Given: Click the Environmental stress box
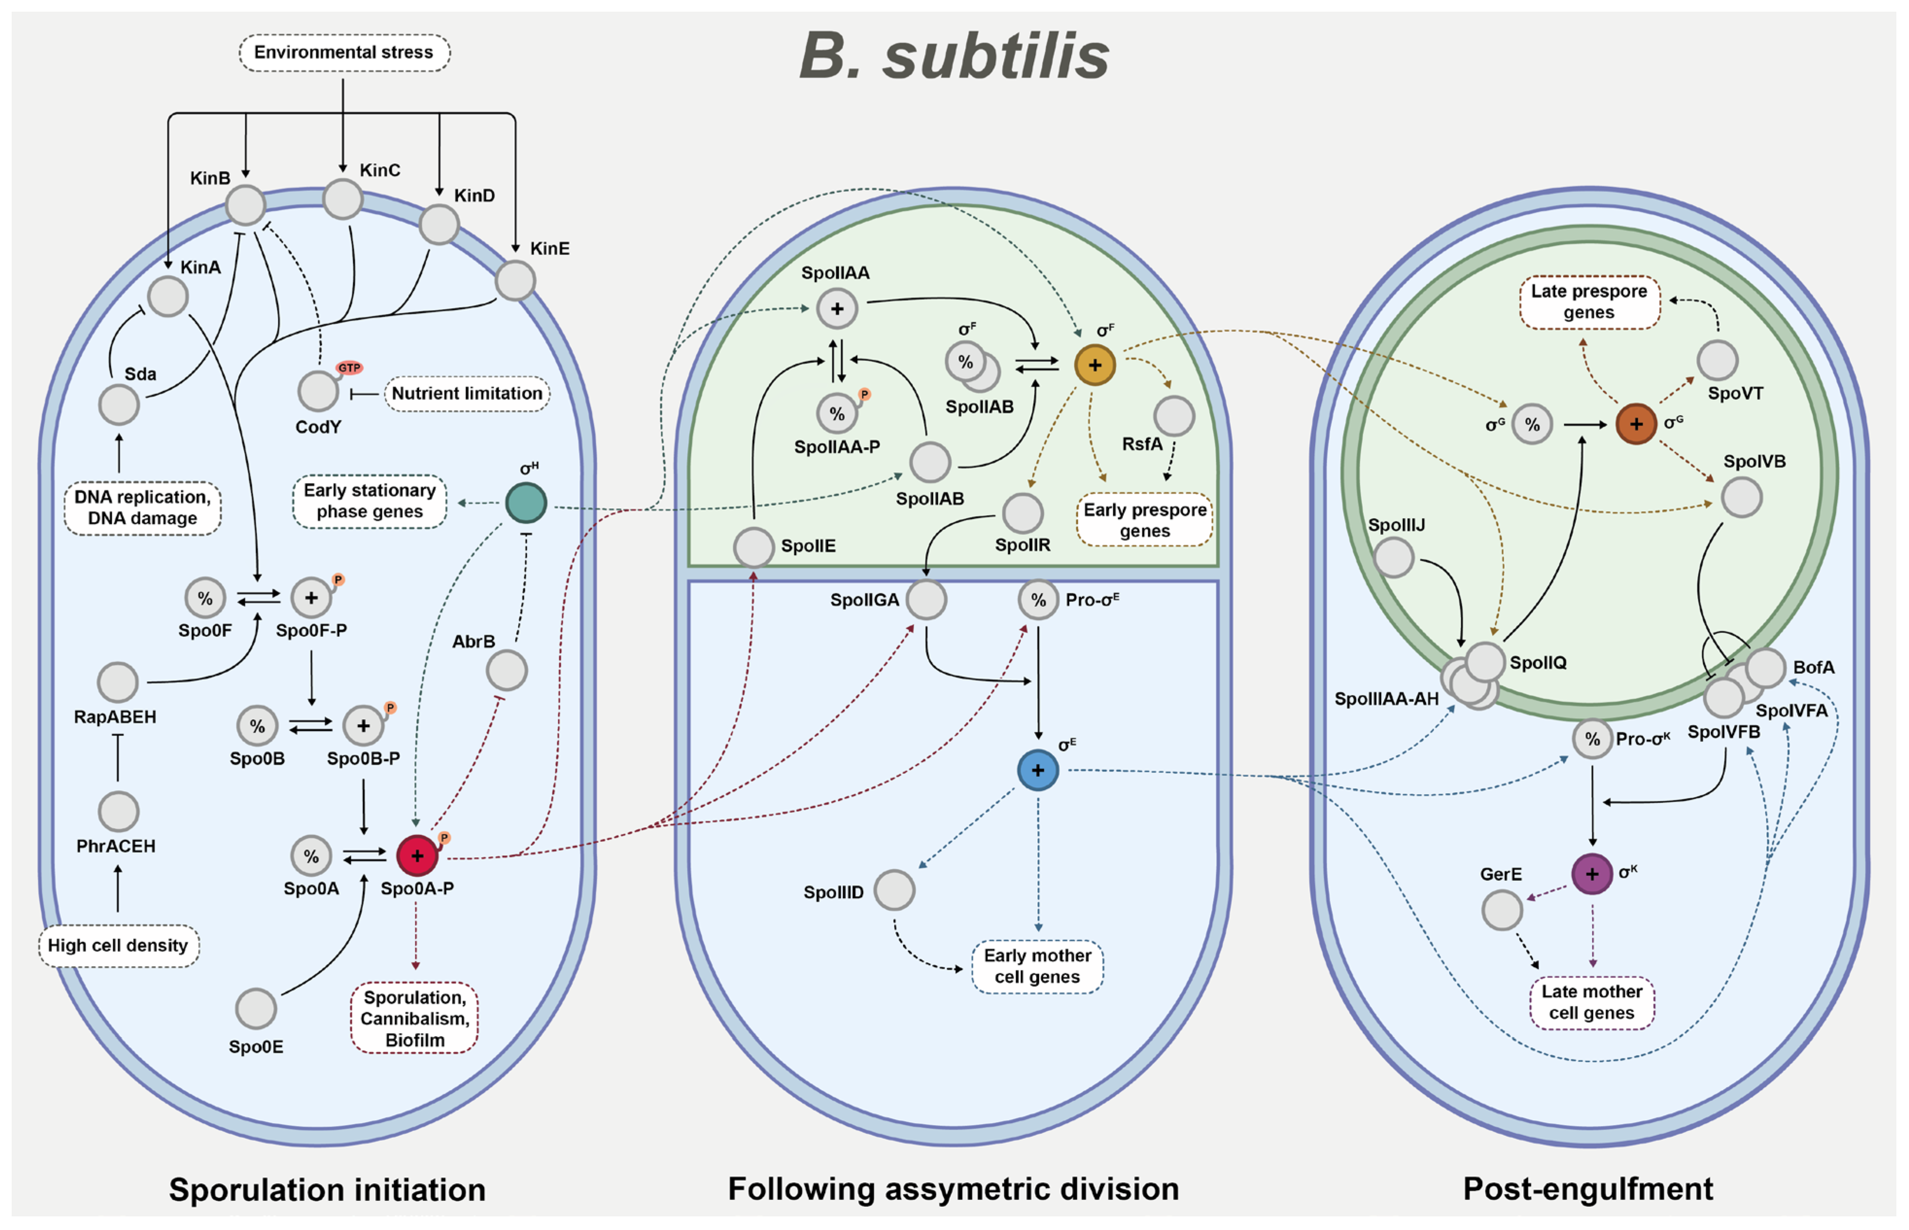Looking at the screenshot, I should [x=344, y=52].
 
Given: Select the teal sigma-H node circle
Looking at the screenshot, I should [x=525, y=503].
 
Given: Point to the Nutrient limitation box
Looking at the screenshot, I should [x=467, y=394].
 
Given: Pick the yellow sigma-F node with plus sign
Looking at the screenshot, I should [x=1094, y=365].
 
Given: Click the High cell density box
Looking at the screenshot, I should [x=118, y=946].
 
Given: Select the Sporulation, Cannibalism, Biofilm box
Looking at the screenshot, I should [x=415, y=1018].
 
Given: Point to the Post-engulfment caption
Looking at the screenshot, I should [x=1588, y=1189].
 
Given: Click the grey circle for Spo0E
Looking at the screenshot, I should [x=256, y=1009].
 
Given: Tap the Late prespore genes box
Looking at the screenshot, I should [x=1589, y=302].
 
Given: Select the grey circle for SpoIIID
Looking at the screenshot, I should [x=894, y=891].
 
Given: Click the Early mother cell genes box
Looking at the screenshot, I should [x=1037, y=967].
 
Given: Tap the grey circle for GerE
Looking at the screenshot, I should [x=1502, y=911].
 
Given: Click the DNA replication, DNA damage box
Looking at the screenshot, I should [x=142, y=508].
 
